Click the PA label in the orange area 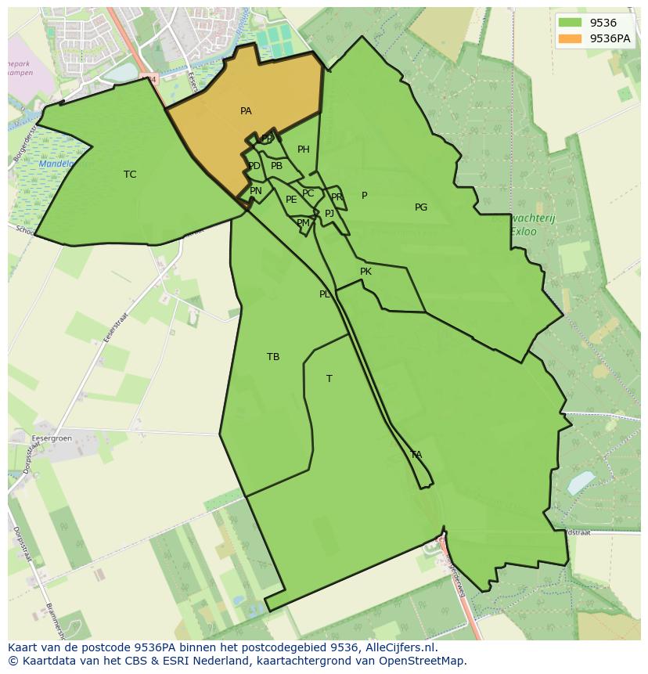(246, 111)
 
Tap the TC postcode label (130, 175)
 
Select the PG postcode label (421, 207)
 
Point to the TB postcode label (273, 357)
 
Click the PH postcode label (304, 150)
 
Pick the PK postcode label (365, 272)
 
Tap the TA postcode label (416, 454)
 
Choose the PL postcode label (325, 294)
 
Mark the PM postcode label (303, 223)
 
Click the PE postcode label (291, 200)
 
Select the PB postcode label (276, 166)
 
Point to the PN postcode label (256, 191)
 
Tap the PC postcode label (308, 193)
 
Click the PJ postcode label (329, 213)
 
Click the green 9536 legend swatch (570, 23)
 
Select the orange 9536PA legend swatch (570, 38)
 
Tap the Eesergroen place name (52, 438)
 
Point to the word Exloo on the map (524, 232)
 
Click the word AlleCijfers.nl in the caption (401, 647)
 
